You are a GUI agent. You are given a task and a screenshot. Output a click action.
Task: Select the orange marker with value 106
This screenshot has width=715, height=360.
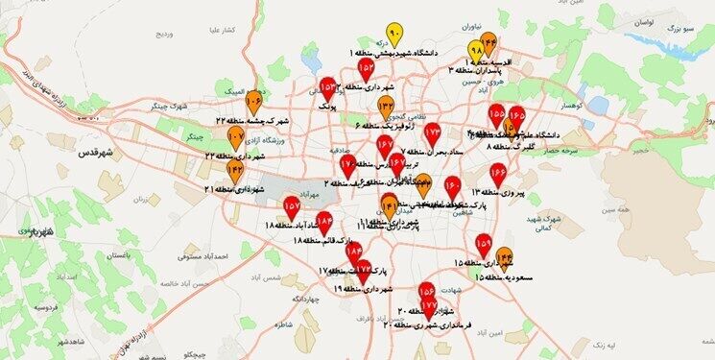(254, 99)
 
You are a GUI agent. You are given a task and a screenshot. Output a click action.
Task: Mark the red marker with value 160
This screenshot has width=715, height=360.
(453, 185)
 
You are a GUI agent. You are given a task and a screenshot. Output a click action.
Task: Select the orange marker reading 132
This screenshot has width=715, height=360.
(386, 106)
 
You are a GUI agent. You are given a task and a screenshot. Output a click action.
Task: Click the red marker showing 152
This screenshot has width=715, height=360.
(367, 68)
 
